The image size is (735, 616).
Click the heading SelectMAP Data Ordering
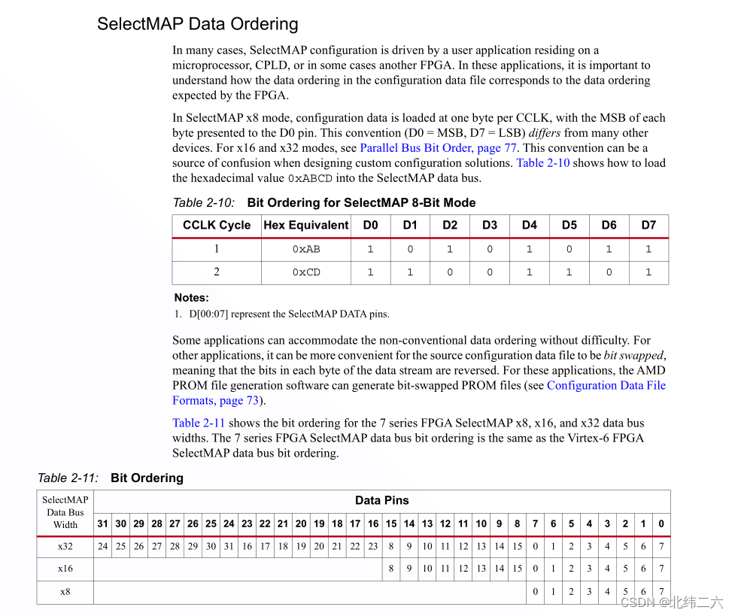[197, 24]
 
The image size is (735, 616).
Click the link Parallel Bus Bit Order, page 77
[438, 148]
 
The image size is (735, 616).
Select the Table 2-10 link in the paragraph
[542, 163]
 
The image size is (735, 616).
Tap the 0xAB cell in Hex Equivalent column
[306, 250]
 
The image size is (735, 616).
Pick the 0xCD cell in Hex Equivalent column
[306, 272]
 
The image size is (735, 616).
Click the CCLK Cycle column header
[217, 226]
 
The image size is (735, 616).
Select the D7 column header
[648, 226]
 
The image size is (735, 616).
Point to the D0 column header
[370, 226]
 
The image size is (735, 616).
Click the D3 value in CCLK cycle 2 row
[490, 272]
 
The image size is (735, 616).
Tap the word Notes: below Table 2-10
[192, 298]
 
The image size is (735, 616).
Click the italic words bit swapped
[633, 356]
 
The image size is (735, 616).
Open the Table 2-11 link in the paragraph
[198, 423]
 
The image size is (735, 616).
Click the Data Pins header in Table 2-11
[381, 500]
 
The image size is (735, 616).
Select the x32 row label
[65, 547]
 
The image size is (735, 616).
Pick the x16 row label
[65, 569]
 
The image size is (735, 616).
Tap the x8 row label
[65, 592]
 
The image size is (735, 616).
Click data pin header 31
[103, 524]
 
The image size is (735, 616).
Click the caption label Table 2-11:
[68, 478]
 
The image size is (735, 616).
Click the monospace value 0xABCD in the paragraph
[310, 179]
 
